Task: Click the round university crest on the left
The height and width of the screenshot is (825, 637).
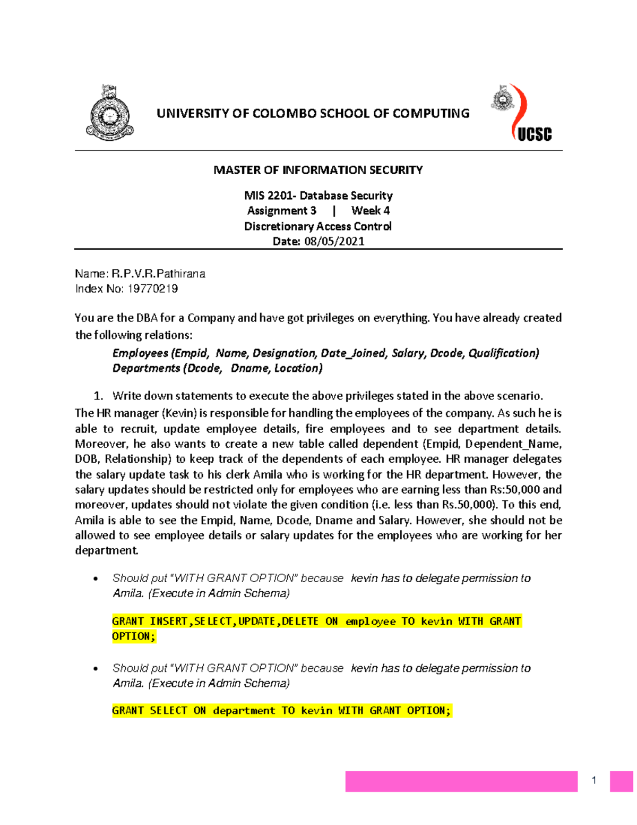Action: pos(110,113)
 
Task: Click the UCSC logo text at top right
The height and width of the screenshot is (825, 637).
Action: pos(534,134)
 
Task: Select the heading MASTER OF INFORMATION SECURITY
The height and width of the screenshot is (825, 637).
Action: pos(318,170)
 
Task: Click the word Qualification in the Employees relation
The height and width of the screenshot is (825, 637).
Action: pos(503,353)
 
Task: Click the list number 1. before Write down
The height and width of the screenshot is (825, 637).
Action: pos(98,396)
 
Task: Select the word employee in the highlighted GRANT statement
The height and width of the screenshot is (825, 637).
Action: pos(371,622)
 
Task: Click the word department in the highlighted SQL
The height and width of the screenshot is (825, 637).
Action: pos(244,711)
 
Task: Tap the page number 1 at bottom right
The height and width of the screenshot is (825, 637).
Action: pos(594,780)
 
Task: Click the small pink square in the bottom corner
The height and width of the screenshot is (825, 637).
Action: pos(621,781)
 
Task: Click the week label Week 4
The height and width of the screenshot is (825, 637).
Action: pos(371,211)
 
